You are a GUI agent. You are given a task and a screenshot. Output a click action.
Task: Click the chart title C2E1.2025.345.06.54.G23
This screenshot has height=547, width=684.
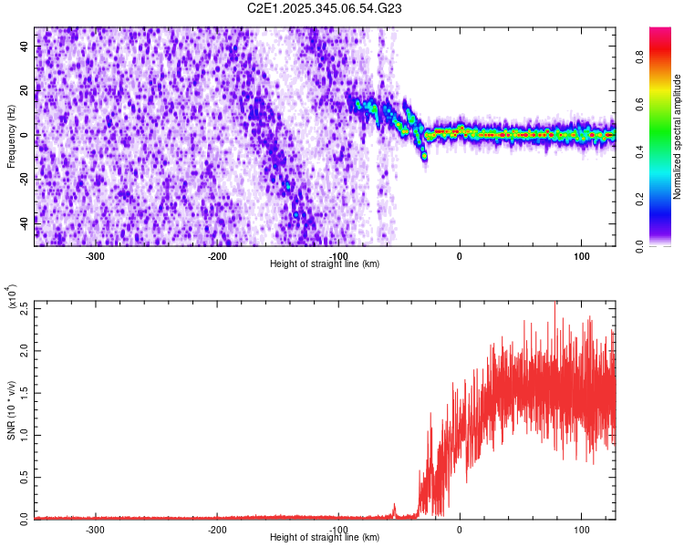tap(325, 8)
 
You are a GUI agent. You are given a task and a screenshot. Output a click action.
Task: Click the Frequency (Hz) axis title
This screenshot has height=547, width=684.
tap(11, 136)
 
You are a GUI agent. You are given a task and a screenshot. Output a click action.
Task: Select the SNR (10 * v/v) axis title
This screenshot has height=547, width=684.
tap(11, 409)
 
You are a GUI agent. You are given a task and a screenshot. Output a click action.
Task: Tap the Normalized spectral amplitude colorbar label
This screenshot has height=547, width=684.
tap(678, 137)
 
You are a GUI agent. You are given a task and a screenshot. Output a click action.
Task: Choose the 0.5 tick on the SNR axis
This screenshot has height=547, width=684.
tap(25, 476)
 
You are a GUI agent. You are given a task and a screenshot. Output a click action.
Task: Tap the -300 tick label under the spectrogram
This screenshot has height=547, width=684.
tap(96, 254)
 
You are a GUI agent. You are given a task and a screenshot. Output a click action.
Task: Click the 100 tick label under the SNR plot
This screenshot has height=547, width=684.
tap(581, 529)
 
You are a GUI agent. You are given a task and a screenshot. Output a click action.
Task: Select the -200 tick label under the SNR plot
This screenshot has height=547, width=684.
tap(217, 529)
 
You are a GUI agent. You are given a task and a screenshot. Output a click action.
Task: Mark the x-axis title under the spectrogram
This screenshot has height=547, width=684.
tap(325, 263)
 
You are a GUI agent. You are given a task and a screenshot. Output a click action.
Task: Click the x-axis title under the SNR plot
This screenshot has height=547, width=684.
tap(325, 538)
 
